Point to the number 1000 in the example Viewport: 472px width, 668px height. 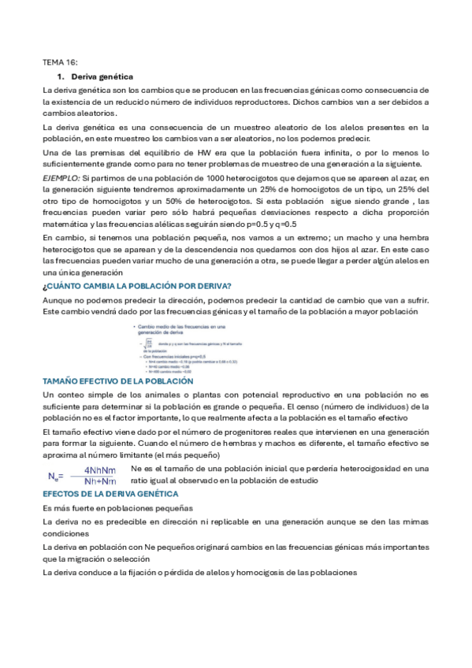pyautogui.click(x=200, y=179)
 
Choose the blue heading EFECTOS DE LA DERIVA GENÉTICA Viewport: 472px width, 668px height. pyautogui.click(x=111, y=493)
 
